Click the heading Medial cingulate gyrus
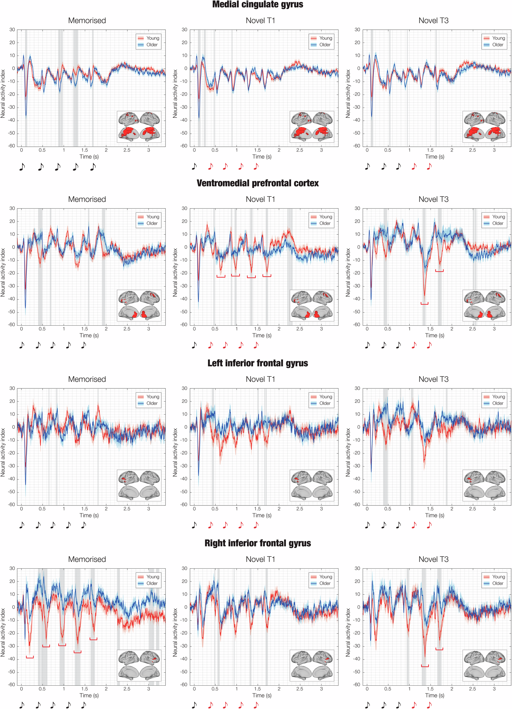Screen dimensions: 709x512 point(258,4)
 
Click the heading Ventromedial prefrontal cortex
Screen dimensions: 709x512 point(258,183)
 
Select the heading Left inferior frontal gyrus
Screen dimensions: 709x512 point(258,363)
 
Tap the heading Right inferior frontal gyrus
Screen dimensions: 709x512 point(258,543)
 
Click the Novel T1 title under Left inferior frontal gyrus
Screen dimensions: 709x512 point(260,379)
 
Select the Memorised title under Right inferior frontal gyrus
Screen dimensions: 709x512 point(87,559)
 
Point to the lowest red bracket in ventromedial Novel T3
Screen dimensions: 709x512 point(424,303)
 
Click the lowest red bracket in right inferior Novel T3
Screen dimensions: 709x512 point(425,666)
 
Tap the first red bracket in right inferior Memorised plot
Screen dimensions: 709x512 point(30,657)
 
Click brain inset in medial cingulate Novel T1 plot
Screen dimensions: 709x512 point(311,127)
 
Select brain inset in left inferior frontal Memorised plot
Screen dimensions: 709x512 point(139,485)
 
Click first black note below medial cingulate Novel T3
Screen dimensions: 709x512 point(367,166)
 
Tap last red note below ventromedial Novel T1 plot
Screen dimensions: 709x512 point(256,345)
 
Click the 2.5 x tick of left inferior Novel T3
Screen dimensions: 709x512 point(472,509)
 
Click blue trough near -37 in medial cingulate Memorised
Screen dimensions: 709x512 point(26,115)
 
